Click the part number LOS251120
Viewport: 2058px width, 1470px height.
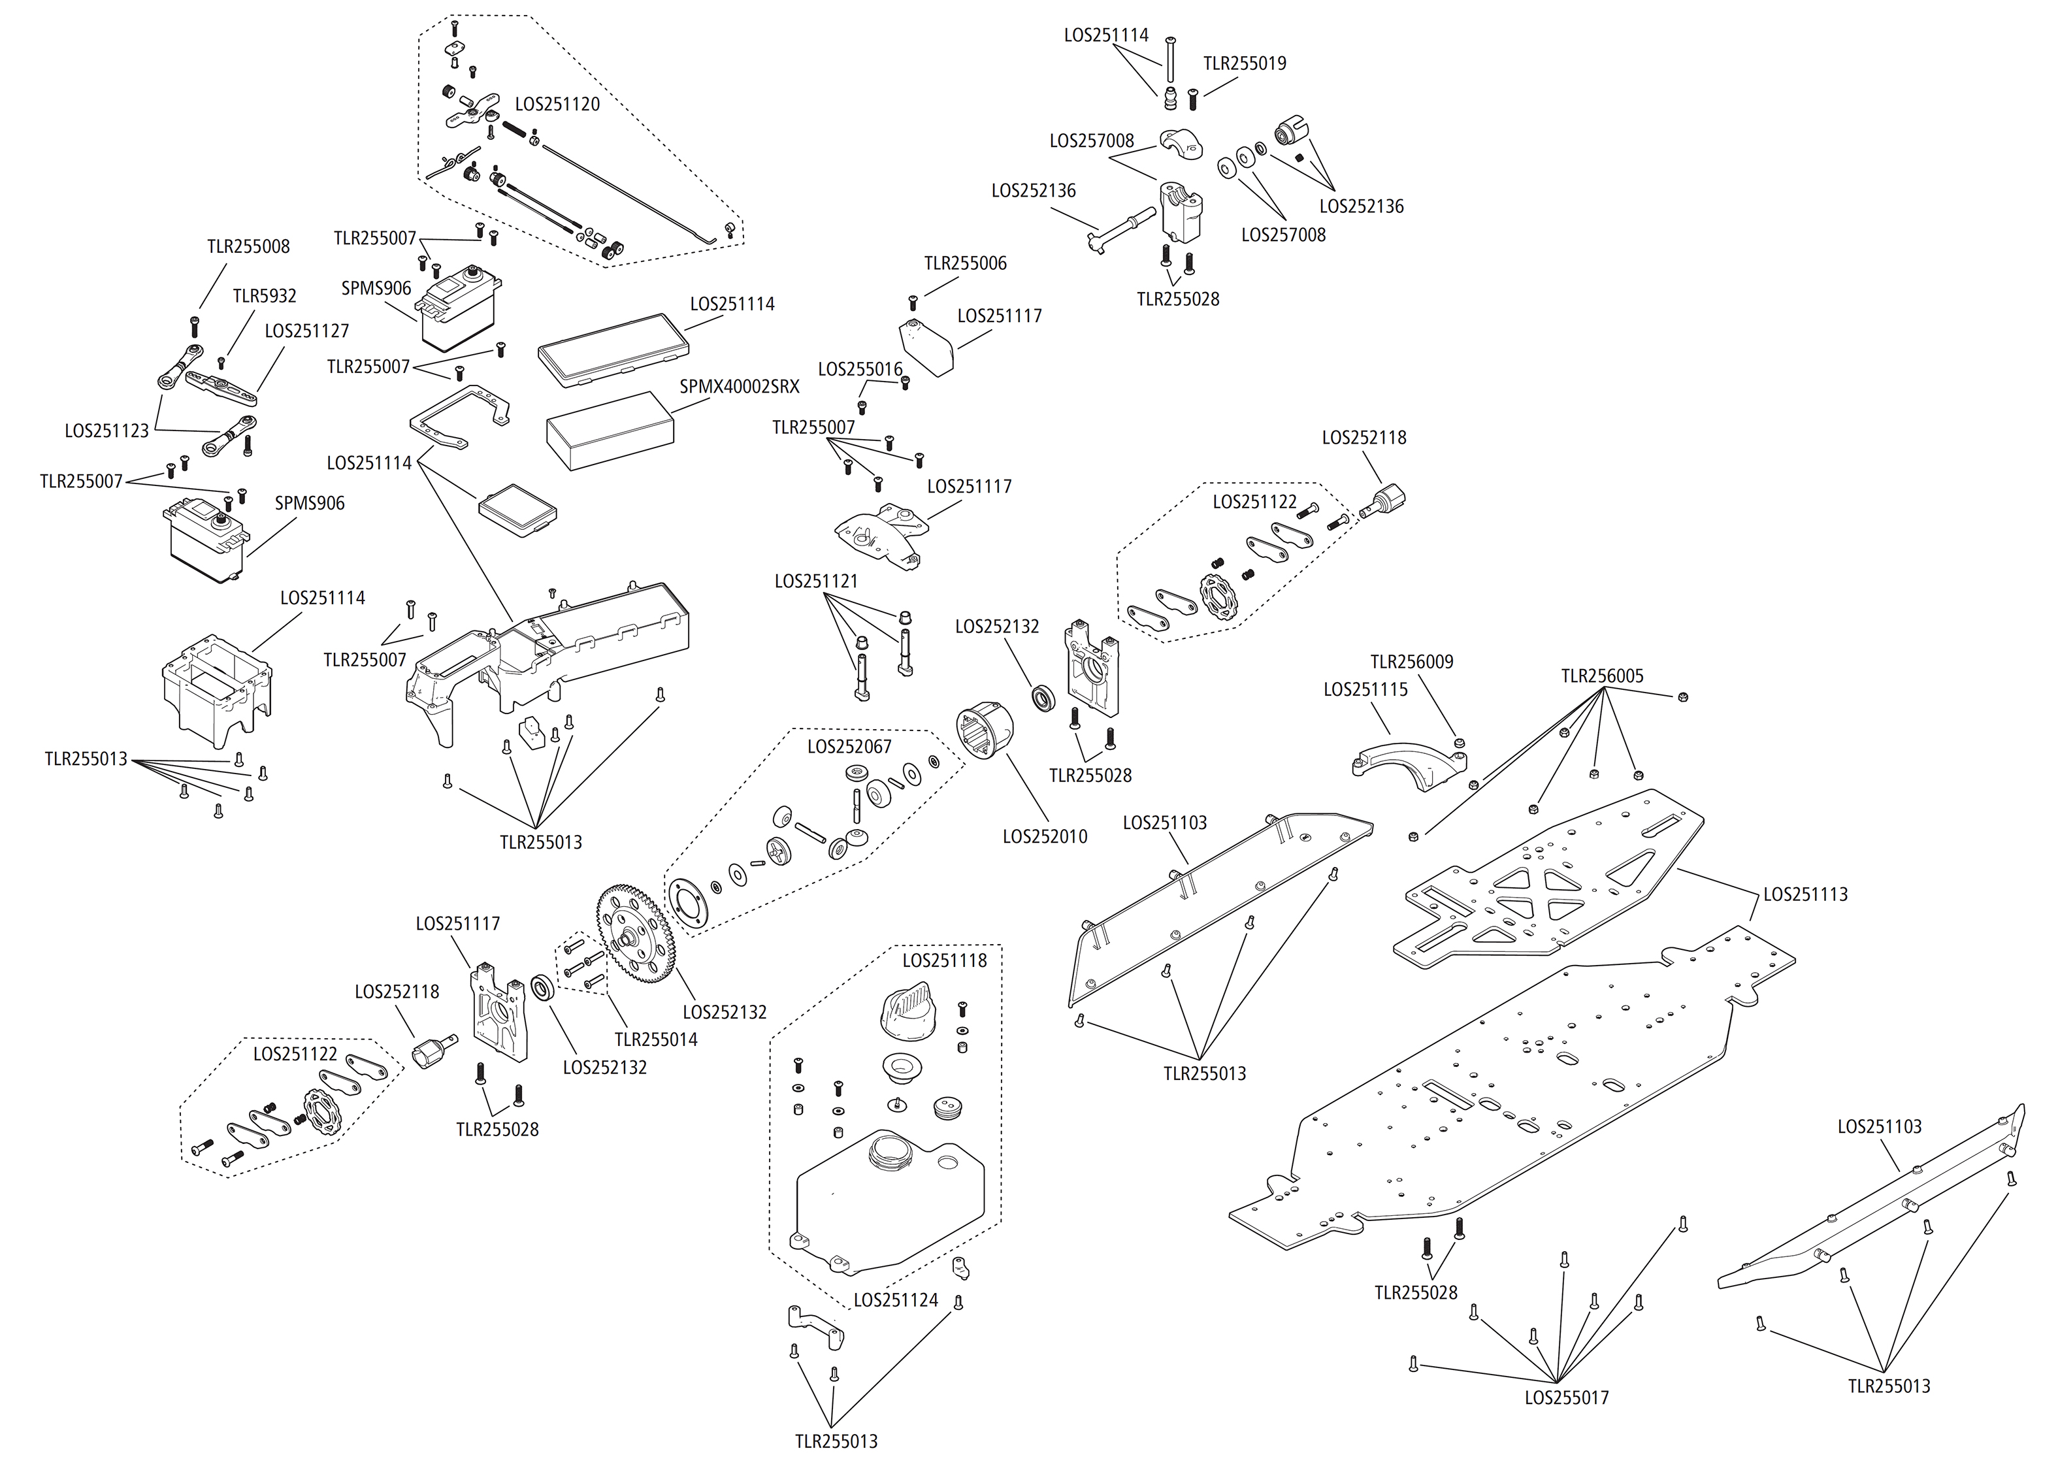click(x=557, y=104)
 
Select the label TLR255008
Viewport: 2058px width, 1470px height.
click(x=248, y=246)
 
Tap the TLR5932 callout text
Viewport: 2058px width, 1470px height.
click(x=264, y=296)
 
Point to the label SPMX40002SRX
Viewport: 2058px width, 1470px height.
click(x=740, y=387)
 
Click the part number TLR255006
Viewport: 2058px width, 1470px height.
click(x=965, y=263)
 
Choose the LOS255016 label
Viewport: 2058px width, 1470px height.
click(x=860, y=369)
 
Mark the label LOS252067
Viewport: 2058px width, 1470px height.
click(x=849, y=747)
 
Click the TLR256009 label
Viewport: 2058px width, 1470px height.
click(x=1411, y=662)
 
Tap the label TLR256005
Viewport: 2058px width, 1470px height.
click(x=1602, y=676)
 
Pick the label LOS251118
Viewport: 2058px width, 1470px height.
click(x=944, y=960)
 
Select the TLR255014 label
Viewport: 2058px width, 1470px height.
click(x=655, y=1039)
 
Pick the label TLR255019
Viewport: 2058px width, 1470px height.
click(x=1245, y=63)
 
